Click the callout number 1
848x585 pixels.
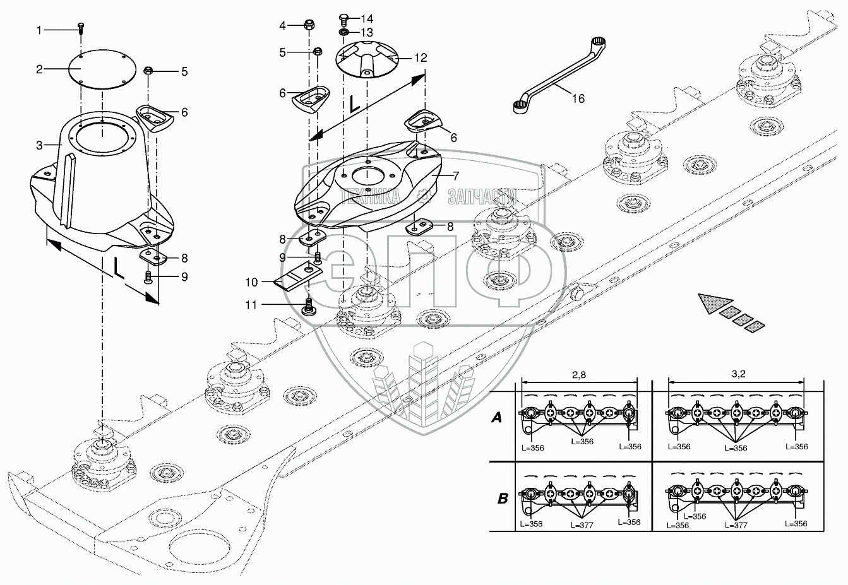click(x=39, y=30)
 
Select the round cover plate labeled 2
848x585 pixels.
click(x=102, y=69)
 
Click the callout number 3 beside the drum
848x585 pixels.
click(x=39, y=145)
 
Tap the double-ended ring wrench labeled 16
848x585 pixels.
click(x=559, y=75)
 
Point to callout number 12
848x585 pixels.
click(x=421, y=57)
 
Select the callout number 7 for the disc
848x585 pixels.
click(x=456, y=176)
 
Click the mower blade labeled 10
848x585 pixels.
click(x=299, y=278)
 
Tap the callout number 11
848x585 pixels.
click(x=251, y=305)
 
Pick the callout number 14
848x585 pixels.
click(x=367, y=18)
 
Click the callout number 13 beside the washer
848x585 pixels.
click(x=367, y=32)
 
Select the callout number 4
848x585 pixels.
click(x=282, y=25)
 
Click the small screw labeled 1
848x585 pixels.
click(x=81, y=29)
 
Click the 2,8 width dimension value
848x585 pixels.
click(x=579, y=375)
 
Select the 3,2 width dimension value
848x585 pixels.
click(x=738, y=374)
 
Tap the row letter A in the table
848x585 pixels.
click(x=497, y=418)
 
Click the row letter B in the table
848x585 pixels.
click(x=502, y=499)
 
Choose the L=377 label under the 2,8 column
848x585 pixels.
click(x=582, y=525)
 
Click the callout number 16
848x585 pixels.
click(x=578, y=98)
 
